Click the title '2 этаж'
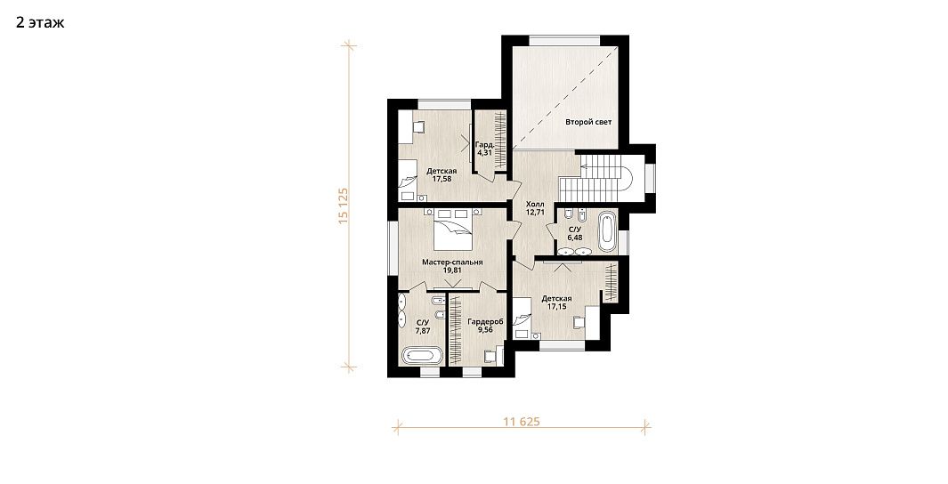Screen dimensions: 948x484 [40, 23]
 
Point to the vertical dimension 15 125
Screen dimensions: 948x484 [344, 206]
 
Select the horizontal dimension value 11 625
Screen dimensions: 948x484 [521, 421]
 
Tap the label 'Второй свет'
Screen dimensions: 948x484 [588, 122]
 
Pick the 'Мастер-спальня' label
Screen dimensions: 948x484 [452, 262]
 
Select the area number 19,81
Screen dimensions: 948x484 [452, 270]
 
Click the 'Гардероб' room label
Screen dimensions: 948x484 [485, 322]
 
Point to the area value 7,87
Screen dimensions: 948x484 [422, 330]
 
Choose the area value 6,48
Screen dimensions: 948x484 [574, 238]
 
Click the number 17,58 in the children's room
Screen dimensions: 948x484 [442, 179]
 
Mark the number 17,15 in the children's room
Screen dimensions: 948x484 [556, 307]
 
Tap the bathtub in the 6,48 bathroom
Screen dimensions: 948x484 [605, 231]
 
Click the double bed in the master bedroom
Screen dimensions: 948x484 [453, 228]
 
